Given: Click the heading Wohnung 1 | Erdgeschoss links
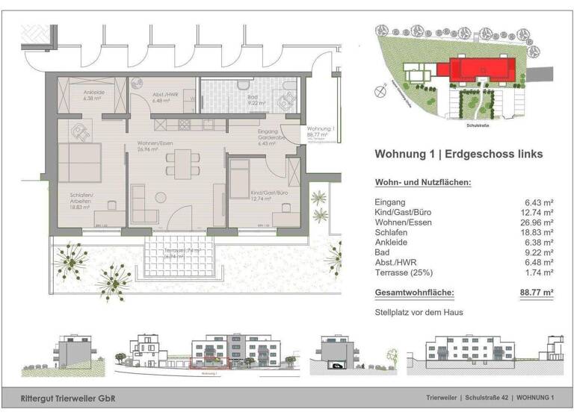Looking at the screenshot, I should click(457, 155).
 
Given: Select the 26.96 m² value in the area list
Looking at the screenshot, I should click(537, 222).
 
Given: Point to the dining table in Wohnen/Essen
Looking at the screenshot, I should click(179, 160).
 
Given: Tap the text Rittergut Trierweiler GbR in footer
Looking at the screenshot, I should click(69, 398).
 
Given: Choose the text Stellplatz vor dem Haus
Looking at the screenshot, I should click(419, 312).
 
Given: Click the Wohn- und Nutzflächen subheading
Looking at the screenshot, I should click(422, 183).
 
